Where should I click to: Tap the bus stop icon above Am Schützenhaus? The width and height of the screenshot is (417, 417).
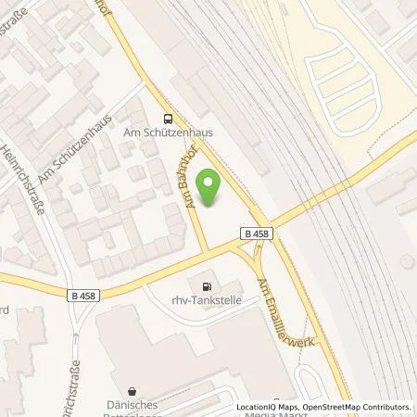168,119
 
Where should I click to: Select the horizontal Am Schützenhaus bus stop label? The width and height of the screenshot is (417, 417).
169,133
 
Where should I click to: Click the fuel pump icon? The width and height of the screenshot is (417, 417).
206,284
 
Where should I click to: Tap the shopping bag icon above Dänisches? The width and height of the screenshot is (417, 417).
138,391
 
